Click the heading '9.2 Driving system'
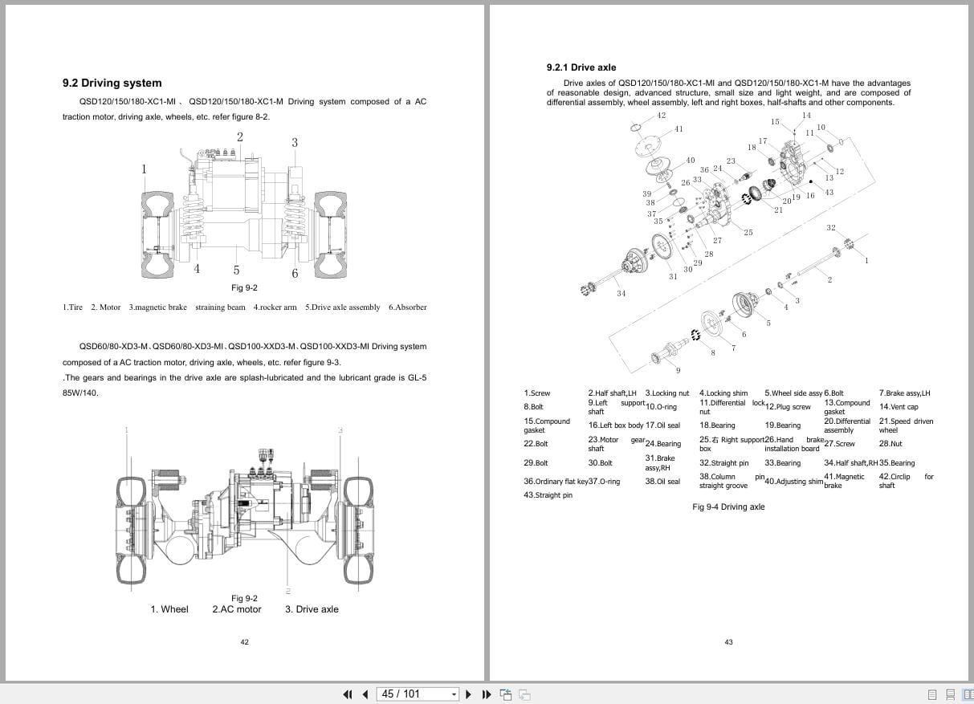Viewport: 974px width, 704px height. tap(112, 83)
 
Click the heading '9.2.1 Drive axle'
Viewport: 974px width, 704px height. tap(581, 67)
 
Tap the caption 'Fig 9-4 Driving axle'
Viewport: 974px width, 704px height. tap(728, 507)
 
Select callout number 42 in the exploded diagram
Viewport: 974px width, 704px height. tap(661, 115)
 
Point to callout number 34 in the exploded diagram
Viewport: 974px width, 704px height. tap(621, 293)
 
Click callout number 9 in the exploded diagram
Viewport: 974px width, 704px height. tap(678, 370)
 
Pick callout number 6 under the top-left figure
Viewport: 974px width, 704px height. tap(295, 273)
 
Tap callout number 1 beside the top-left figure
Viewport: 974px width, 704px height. tap(145, 169)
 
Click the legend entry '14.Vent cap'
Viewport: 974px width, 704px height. tap(899, 407)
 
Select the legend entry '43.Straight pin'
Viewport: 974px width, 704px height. tap(548, 495)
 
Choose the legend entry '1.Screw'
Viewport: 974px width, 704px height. tap(536, 393)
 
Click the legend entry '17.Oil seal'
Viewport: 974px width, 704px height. tap(662, 425)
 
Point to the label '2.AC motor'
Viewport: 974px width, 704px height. tap(237, 609)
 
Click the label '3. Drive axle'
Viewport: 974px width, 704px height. tap(312, 609)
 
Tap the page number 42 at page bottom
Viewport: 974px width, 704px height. tap(245, 641)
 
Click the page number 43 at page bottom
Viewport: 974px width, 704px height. tap(728, 641)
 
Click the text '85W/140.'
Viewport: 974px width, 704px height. tap(80, 393)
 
